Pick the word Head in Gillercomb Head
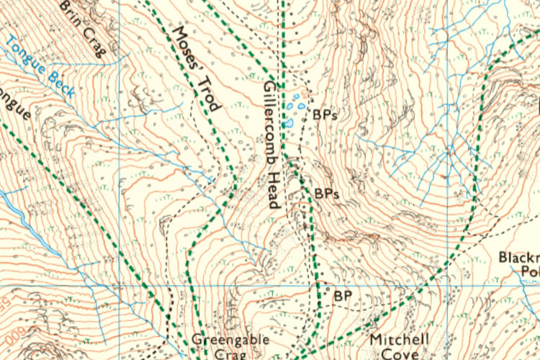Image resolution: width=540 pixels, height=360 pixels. pyautogui.click(x=272, y=190)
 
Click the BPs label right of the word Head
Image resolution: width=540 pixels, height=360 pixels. pyautogui.click(x=326, y=194)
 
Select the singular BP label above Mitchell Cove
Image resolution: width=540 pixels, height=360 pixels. pyautogui.click(x=342, y=295)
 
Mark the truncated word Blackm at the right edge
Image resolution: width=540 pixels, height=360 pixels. pyautogui.click(x=519, y=257)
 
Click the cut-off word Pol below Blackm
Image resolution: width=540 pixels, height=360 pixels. pyautogui.click(x=529, y=271)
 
